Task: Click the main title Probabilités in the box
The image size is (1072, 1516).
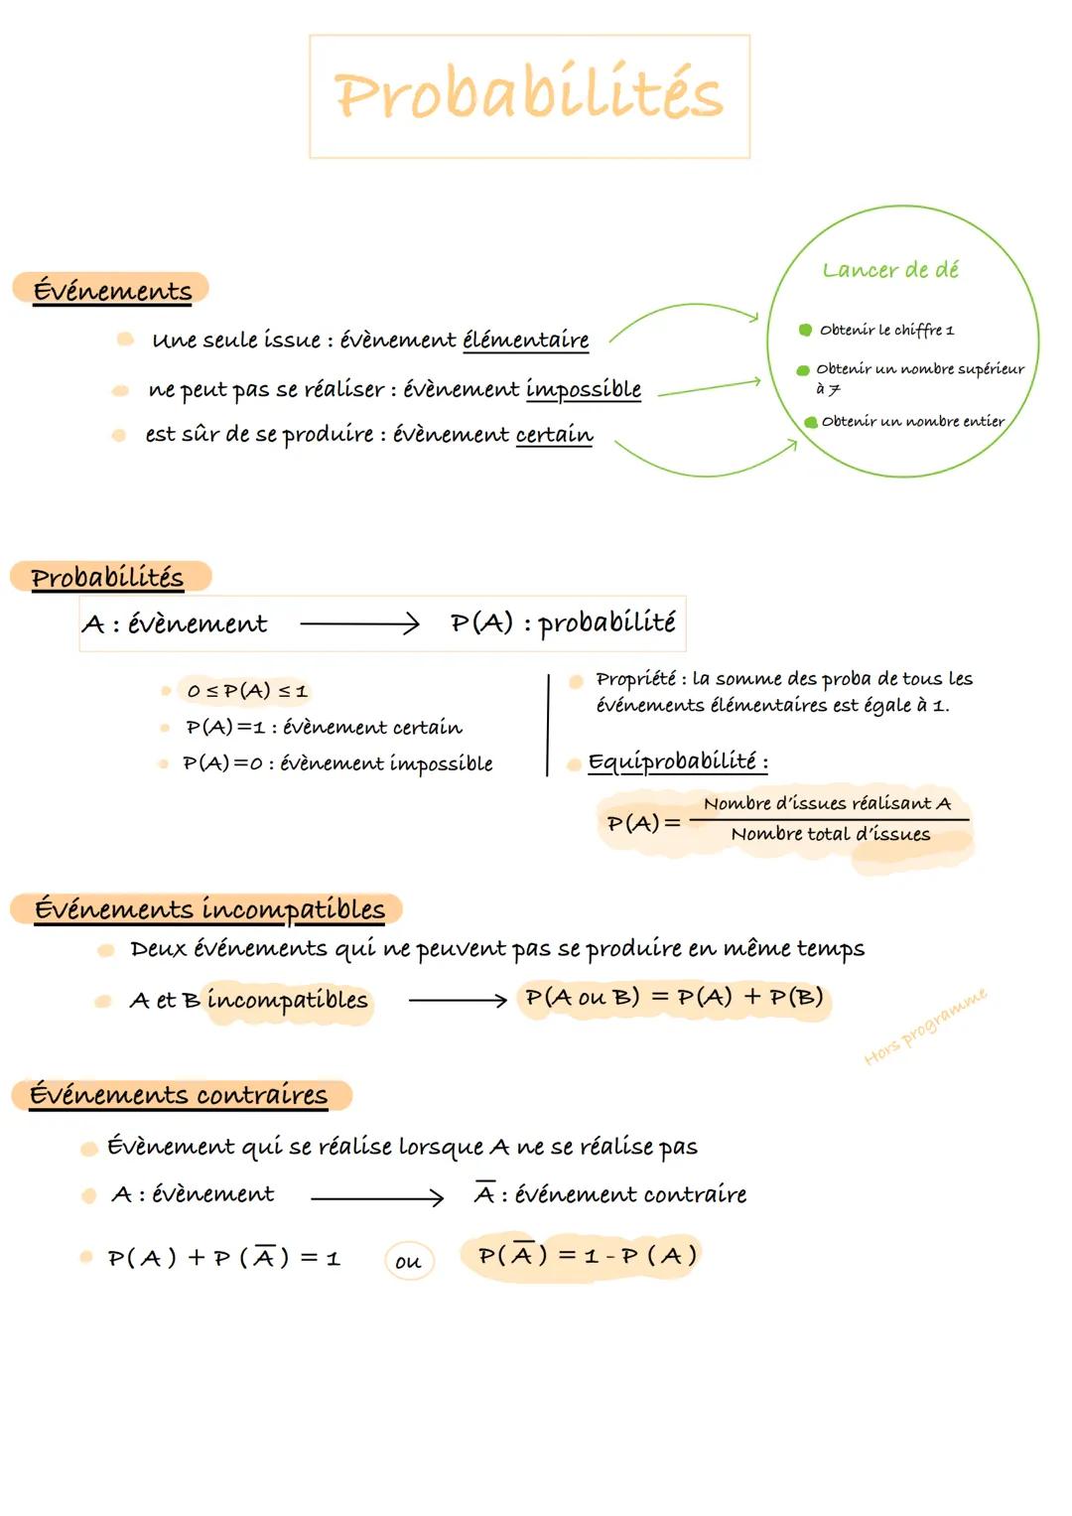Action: coord(529,96)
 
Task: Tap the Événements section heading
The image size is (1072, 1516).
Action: coord(112,290)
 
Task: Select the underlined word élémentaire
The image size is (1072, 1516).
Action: coord(526,341)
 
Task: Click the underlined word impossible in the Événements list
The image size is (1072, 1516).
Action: coord(583,389)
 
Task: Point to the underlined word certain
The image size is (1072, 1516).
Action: coord(554,435)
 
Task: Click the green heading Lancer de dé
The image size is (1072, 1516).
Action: coord(890,270)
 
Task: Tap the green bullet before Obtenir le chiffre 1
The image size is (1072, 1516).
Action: coord(805,330)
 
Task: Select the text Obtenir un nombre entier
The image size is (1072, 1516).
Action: coord(912,421)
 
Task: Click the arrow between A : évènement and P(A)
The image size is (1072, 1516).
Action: coord(359,623)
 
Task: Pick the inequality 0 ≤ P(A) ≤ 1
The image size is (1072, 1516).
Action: coord(247,690)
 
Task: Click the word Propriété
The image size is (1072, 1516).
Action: coord(635,679)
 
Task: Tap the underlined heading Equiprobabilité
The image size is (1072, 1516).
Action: coord(677,761)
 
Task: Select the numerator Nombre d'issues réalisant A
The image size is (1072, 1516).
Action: coord(827,803)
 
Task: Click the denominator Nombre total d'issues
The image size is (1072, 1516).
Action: coord(831,835)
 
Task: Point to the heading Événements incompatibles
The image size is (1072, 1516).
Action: coord(209,908)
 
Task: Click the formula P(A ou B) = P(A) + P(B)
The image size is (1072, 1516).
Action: coord(674,997)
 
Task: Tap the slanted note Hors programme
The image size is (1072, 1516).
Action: coord(925,1026)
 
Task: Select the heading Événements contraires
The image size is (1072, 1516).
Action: coord(179,1094)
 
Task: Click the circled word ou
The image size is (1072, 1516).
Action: coord(408,1262)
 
